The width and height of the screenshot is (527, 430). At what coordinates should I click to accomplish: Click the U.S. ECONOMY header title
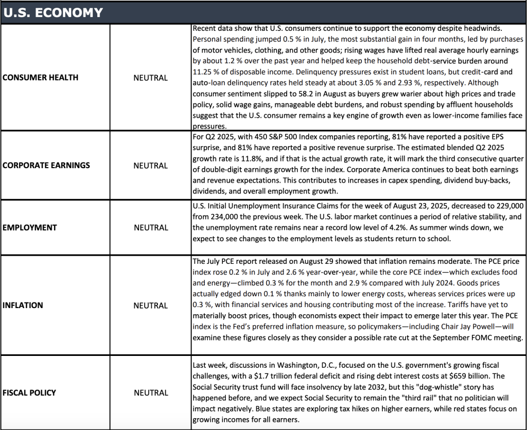pos(52,12)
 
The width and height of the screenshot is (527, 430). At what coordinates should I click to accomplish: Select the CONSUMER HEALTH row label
pos(41,78)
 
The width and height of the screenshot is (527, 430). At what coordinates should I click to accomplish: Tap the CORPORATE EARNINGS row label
pos(46,166)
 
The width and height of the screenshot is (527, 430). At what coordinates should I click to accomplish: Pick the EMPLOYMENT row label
pos(30,227)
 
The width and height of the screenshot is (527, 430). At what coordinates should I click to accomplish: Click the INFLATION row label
pos(23,305)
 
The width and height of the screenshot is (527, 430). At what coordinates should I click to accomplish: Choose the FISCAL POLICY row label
pos(29,392)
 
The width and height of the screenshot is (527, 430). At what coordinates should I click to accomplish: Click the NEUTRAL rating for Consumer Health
pos(151,78)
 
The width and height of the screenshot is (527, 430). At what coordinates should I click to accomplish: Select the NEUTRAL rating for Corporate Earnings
pos(151,166)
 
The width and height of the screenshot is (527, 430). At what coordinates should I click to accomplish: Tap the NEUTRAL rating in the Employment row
pos(151,227)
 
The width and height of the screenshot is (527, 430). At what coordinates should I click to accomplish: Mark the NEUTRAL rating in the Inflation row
pos(151,305)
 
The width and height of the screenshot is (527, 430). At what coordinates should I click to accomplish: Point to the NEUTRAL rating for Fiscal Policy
pos(151,392)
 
